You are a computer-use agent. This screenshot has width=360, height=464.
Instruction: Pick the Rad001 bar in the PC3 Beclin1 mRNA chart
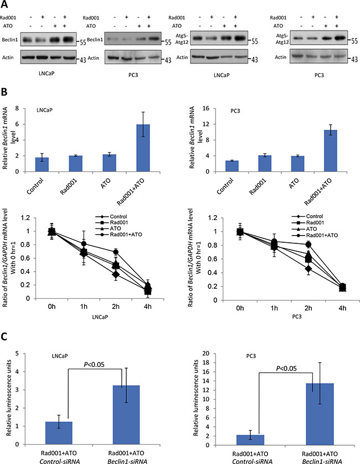pyautogui.click(x=250, y=163)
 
